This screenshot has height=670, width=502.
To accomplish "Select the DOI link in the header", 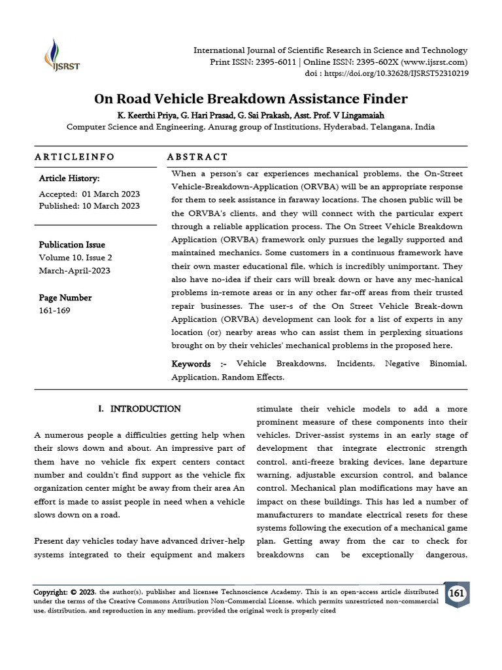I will [x=401, y=74].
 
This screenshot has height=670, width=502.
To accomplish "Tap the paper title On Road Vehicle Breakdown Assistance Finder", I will [x=251, y=99].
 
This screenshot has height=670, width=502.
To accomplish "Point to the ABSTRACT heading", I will [x=197, y=157].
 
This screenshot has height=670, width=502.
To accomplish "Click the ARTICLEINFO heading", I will [x=74, y=157].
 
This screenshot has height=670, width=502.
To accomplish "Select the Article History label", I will [x=69, y=178].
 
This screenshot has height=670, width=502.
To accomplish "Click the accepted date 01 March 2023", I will [x=111, y=194].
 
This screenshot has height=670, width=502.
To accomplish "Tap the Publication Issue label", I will [x=72, y=245].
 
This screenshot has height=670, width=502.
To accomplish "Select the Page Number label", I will [x=65, y=298].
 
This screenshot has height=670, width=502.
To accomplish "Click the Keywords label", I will [x=191, y=364].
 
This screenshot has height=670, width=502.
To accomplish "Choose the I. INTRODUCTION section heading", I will [x=139, y=409].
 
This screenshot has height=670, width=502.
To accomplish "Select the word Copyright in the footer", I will [x=52, y=592].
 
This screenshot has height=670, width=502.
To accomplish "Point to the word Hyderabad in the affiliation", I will [x=344, y=127].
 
